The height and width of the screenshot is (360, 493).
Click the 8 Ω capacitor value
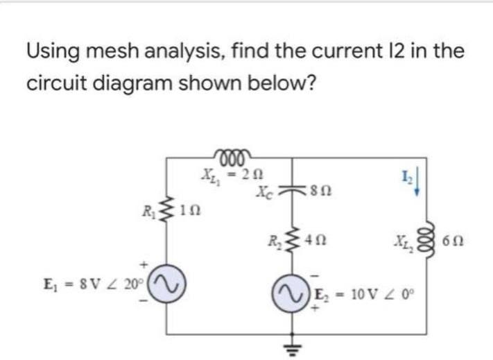coord(317,187)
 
